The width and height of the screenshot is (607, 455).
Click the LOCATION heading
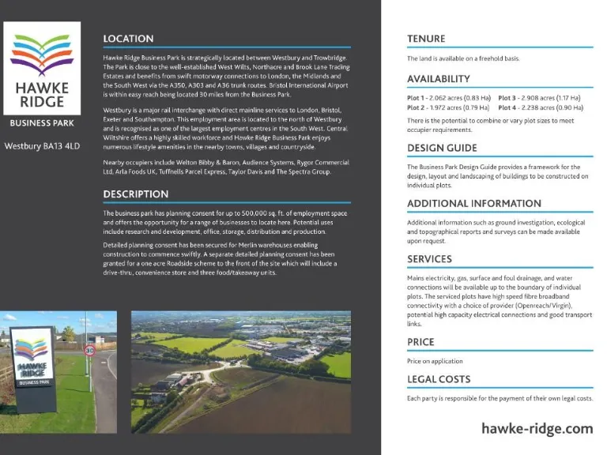pyautogui.click(x=128, y=39)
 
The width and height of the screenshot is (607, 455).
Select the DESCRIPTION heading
pyautogui.click(x=135, y=194)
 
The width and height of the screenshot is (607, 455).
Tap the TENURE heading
pyautogui.click(x=426, y=39)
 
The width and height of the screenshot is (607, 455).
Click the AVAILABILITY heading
pyautogui.click(x=439, y=79)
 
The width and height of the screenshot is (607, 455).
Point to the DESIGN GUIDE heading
pyautogui.click(x=442, y=148)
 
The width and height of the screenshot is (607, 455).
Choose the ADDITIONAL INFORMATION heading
pyautogui.click(x=474, y=203)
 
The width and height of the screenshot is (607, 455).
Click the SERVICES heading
pyautogui.click(x=429, y=259)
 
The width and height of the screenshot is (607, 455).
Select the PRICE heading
pyautogui.click(x=420, y=342)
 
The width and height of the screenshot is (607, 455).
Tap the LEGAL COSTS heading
pyautogui.click(x=439, y=379)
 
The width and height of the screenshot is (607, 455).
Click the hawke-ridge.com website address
pyautogui.click(x=537, y=428)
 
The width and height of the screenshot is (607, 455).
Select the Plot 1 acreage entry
pyautogui.click(x=447, y=98)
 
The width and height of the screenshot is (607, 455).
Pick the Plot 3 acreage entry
pyautogui.click(x=540, y=98)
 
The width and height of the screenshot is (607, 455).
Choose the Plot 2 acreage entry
pyautogui.click(x=447, y=107)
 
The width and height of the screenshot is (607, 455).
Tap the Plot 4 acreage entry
pyautogui.click(x=540, y=107)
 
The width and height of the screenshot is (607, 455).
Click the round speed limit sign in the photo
pyautogui.click(x=89, y=349)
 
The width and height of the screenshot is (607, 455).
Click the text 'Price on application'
pyautogui.click(x=435, y=361)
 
